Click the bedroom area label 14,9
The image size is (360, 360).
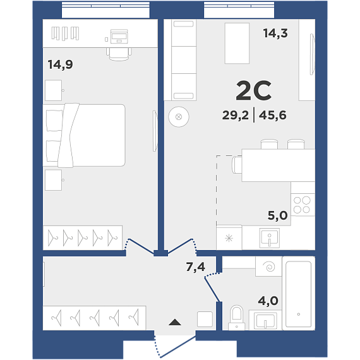pos(61,64)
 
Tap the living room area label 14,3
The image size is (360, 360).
pos(275,33)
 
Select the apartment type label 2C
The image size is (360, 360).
pos(253,91)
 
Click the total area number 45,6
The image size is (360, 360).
pos(272,115)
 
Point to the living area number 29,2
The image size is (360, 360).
pos(236,115)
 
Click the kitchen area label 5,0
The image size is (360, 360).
pos(277,215)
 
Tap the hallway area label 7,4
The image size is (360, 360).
pos(196,267)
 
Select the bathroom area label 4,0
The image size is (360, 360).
pos(268,301)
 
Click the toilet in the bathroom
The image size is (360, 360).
pos(236,318)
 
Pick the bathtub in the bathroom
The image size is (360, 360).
pos(299,294)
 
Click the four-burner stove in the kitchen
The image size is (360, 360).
pos(303,205)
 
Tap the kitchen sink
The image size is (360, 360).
pos(269,238)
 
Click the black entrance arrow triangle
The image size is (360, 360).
pos(175,322)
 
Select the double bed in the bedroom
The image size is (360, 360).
pos(84,135)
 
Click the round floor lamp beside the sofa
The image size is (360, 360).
pos(179,117)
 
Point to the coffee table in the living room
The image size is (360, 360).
pos(237,43)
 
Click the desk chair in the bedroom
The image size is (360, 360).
pos(119,54)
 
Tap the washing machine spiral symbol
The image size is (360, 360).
pos(270,267)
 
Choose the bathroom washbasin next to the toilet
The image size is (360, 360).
pos(265,320)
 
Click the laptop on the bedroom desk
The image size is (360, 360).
pos(119,36)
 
